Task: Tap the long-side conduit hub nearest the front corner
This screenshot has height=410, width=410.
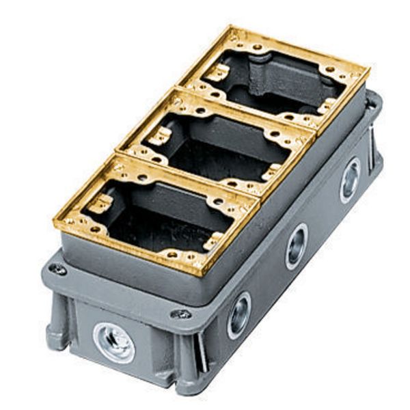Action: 239,315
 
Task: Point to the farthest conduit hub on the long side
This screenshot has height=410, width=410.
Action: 350,180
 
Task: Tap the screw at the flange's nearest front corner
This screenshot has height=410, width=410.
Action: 181,314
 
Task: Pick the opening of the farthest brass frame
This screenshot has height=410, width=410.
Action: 287,79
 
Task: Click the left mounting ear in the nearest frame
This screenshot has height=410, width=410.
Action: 101,203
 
